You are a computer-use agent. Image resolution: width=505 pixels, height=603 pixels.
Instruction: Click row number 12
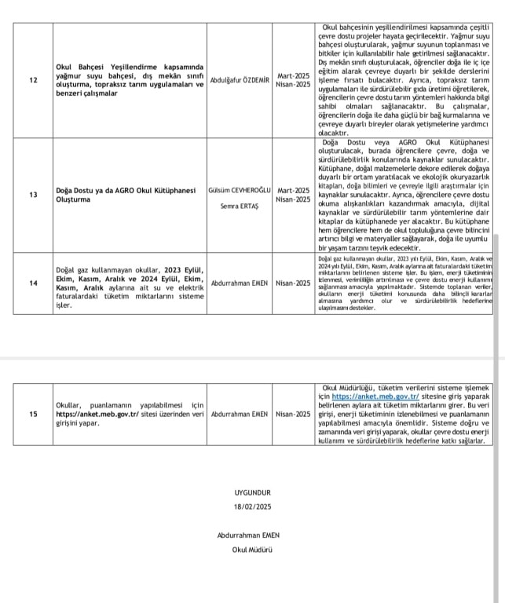(32, 80)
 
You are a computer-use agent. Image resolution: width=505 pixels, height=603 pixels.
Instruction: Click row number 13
(32, 195)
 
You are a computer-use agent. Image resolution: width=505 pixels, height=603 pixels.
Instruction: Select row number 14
(32, 283)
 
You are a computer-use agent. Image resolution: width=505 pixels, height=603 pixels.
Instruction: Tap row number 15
(32, 415)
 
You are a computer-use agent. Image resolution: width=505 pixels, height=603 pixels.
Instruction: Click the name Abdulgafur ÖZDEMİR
(240, 80)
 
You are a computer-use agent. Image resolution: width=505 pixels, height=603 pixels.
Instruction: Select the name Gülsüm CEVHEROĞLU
(240, 190)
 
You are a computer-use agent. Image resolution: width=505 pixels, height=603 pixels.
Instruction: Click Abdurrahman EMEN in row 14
(240, 283)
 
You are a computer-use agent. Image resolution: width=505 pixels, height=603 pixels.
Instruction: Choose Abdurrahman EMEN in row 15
(240, 415)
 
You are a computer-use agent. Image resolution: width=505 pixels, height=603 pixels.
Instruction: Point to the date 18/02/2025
(251, 506)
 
